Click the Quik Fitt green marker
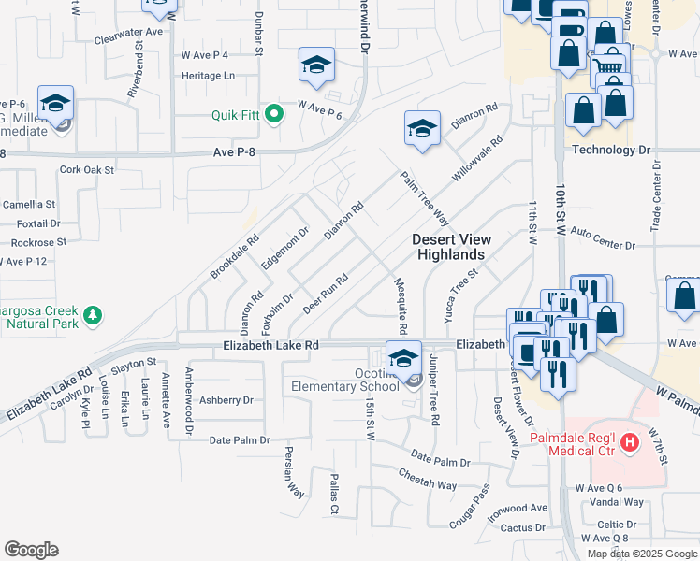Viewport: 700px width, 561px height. tap(274, 115)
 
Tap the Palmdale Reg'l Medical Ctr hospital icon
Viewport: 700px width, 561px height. tap(630, 440)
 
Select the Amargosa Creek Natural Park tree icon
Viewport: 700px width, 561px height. tap(92, 317)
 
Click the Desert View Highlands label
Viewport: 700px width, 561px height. tap(449, 247)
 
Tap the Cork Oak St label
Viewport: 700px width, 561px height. tap(86, 170)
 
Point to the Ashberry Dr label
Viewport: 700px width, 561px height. tap(226, 400)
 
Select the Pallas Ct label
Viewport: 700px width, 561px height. tap(333, 494)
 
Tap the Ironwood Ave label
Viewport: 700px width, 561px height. tap(518, 508)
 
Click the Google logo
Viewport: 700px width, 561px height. tap(31, 550)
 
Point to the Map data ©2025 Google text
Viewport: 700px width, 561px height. tap(641, 554)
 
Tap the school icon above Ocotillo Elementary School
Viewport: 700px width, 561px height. tap(403, 358)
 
